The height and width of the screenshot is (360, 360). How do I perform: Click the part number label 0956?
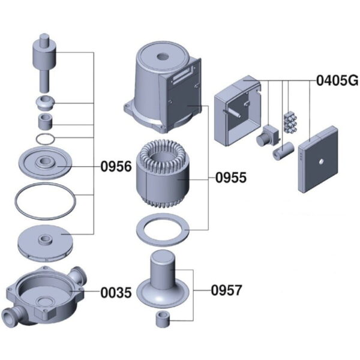(x=116, y=166)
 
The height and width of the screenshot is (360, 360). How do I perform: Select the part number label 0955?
(x=231, y=178)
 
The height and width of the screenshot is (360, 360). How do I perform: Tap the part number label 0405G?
(x=337, y=80)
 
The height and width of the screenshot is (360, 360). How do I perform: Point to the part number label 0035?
(x=116, y=293)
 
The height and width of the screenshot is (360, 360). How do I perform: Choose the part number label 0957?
(x=227, y=290)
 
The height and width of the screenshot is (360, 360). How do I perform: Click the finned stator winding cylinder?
(x=163, y=173)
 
